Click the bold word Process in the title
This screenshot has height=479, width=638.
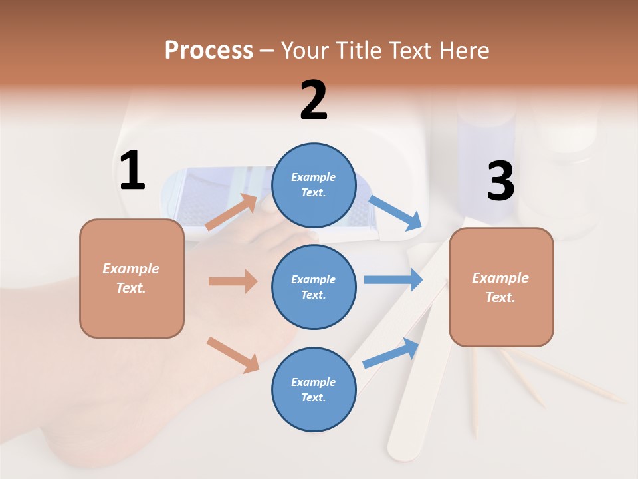209,51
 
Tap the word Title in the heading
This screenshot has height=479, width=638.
356,51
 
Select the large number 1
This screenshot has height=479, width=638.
132,171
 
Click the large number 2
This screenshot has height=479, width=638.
314,100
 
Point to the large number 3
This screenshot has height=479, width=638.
500,182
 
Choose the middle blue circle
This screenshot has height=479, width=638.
314,287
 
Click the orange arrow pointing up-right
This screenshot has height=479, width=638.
232,212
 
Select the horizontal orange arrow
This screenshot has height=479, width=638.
233,281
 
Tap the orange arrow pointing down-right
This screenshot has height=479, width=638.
233,355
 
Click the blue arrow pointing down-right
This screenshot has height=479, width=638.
396,213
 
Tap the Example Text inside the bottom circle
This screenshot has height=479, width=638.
314,389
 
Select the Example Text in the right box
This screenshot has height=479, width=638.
500,287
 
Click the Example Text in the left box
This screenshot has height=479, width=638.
131,278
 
